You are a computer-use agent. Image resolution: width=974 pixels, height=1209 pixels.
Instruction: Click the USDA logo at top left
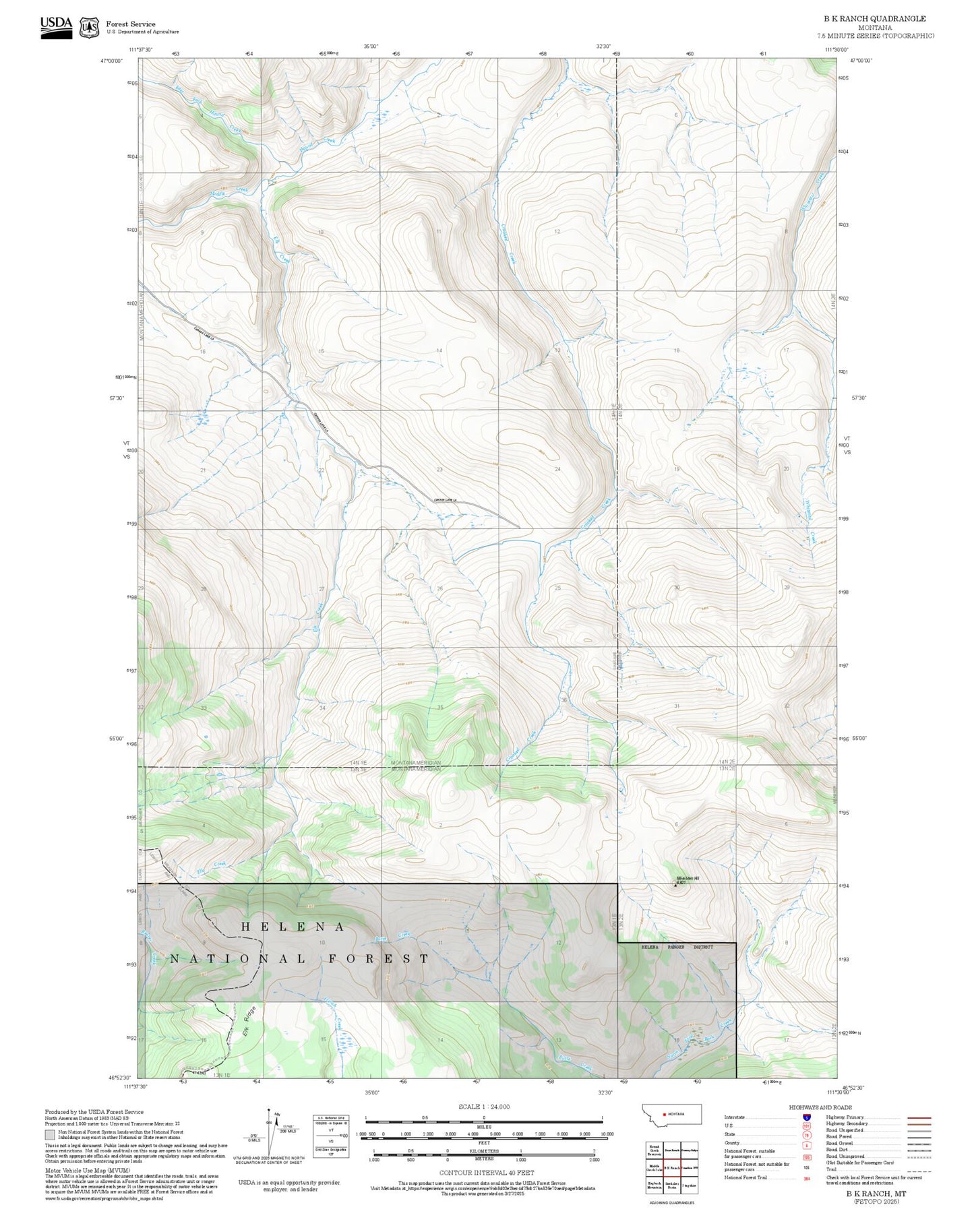coord(56,27)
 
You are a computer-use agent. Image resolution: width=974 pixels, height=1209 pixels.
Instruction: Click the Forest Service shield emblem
coord(89,28)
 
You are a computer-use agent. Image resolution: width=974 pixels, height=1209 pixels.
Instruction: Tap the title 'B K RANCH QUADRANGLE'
coord(874,19)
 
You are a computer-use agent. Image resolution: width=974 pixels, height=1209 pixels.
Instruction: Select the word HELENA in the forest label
coord(293,927)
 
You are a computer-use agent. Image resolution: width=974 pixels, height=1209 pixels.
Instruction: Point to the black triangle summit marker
coord(675,886)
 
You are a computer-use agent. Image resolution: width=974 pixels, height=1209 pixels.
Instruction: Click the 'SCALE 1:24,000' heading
coord(484,1107)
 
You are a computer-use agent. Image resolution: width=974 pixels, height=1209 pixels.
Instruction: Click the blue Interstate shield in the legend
coord(806,1117)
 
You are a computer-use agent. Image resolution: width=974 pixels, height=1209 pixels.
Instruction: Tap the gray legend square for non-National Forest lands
coord(50,1134)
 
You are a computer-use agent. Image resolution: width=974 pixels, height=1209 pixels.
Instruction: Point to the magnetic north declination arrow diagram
coord(270,1132)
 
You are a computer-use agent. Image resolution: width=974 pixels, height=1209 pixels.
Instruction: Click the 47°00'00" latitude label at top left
coord(113,61)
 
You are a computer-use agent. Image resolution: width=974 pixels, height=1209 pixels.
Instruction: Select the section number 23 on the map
coord(439,469)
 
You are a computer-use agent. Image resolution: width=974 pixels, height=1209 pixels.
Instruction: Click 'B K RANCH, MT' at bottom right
coord(876,1193)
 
